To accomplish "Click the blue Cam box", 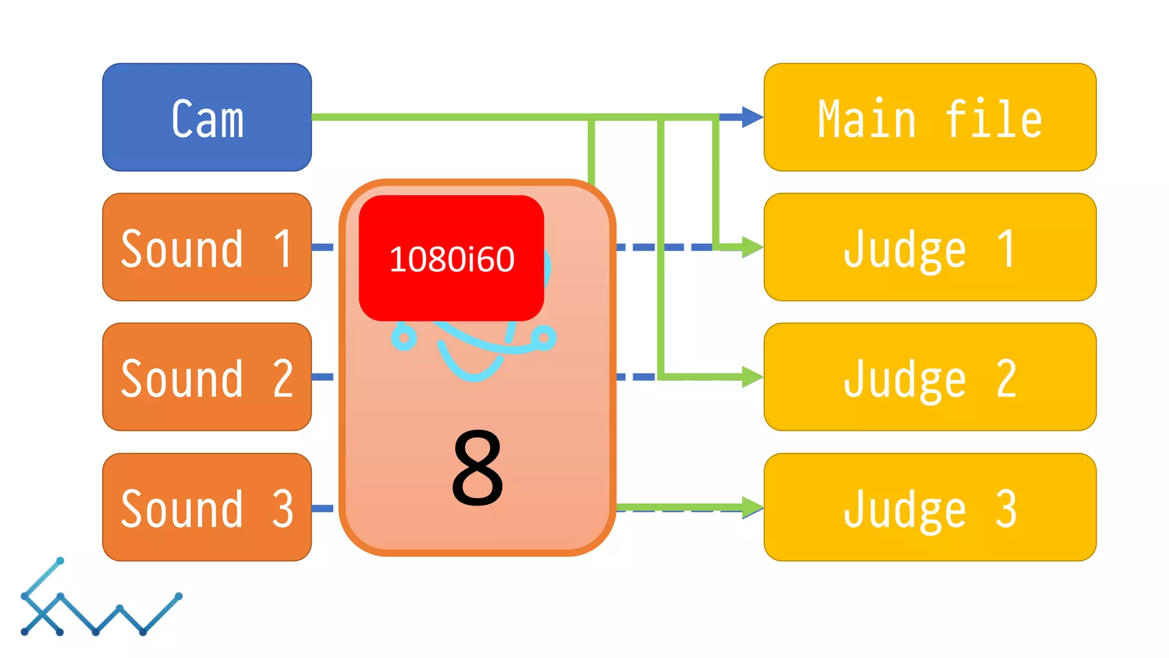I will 207,117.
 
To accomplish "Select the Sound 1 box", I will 207,247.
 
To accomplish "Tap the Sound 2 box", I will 207,377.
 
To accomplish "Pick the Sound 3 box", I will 207,507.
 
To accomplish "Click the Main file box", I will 930,117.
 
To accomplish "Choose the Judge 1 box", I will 930,247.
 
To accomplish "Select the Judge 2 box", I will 930,377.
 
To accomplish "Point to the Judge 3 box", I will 930,507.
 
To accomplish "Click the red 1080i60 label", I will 451,258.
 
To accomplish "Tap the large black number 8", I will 477,468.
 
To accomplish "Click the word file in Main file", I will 993,119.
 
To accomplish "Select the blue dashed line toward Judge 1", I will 665,247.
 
